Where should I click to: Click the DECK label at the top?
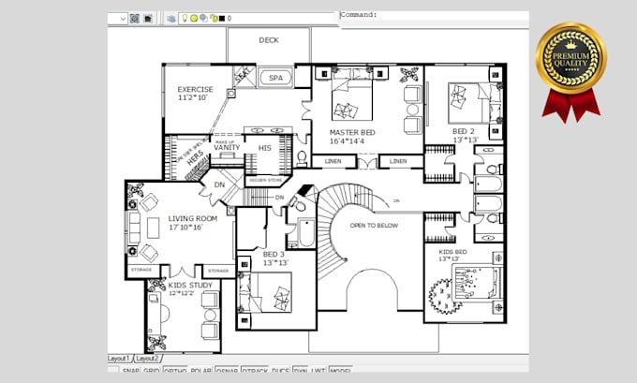coord(269,40)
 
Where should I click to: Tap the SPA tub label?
coord(274,78)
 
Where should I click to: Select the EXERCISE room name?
coord(196,90)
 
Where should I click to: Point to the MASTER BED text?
coord(352,133)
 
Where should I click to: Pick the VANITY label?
coord(227,147)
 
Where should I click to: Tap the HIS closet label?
coord(264,147)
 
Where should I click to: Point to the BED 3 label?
coord(274,254)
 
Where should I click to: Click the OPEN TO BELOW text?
coord(375,226)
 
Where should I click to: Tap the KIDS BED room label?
coord(453,252)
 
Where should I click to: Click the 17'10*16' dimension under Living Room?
coord(185,228)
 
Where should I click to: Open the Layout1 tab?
coord(118,358)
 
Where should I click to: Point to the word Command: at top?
coord(359,15)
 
